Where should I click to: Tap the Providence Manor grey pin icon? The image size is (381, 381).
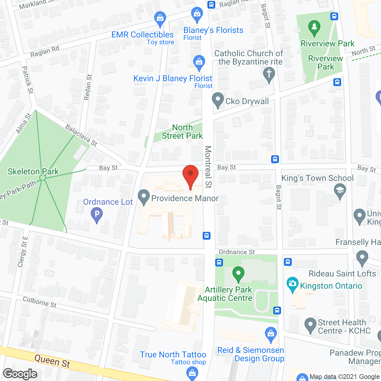(144, 197)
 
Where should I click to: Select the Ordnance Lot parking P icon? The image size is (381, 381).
(97, 215)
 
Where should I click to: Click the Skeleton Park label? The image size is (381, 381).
(33, 171)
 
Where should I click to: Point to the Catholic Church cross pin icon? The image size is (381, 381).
(269, 74)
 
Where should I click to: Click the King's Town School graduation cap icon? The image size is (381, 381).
(340, 190)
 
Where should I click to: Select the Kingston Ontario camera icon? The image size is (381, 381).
(293, 284)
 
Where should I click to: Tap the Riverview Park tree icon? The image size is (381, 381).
(314, 28)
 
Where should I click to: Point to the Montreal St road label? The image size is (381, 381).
(208, 167)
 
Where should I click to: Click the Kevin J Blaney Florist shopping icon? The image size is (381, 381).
(199, 62)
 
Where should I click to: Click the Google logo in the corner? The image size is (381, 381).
(20, 374)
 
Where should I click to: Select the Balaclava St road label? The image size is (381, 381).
(81, 135)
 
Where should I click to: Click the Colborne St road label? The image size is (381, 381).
(40, 302)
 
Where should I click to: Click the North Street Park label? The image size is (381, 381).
(182, 132)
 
